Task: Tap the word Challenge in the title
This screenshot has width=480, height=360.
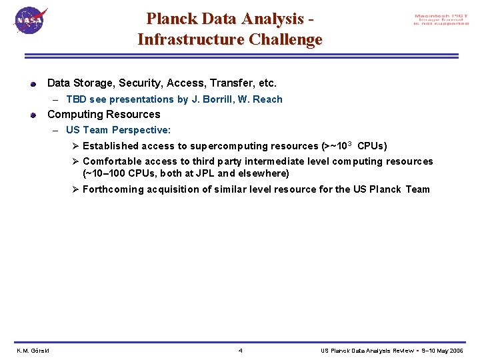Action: tap(285, 39)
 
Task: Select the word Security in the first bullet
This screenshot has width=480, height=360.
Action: tap(141, 83)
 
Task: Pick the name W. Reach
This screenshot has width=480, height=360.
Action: tap(261, 99)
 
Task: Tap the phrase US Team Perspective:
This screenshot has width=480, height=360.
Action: tap(118, 130)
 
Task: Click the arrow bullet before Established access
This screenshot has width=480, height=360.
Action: tap(76, 145)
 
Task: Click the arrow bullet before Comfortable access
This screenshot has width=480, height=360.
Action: tap(76, 161)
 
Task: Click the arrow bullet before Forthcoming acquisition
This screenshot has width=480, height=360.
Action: tap(76, 189)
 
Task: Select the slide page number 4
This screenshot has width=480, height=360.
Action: tap(240, 351)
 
